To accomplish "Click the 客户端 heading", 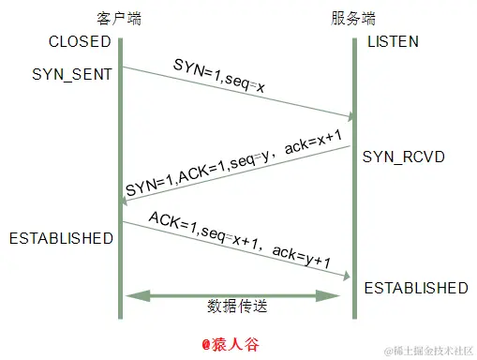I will pyautogui.click(x=120, y=19).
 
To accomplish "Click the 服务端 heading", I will pyautogui.click(x=354, y=19).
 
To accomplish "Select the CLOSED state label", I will pyautogui.click(x=81, y=42).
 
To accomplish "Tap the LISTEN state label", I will pyautogui.click(x=393, y=42).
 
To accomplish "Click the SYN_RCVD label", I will pyautogui.click(x=404, y=155).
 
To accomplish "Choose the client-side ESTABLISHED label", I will pyautogui.click(x=61, y=238).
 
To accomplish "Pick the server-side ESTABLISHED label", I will pyautogui.click(x=416, y=287).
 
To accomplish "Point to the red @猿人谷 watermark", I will pyautogui.click(x=238, y=344).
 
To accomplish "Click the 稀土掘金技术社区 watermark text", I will pyautogui.click(x=433, y=350).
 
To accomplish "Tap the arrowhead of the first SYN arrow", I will pyautogui.click(x=350, y=117).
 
